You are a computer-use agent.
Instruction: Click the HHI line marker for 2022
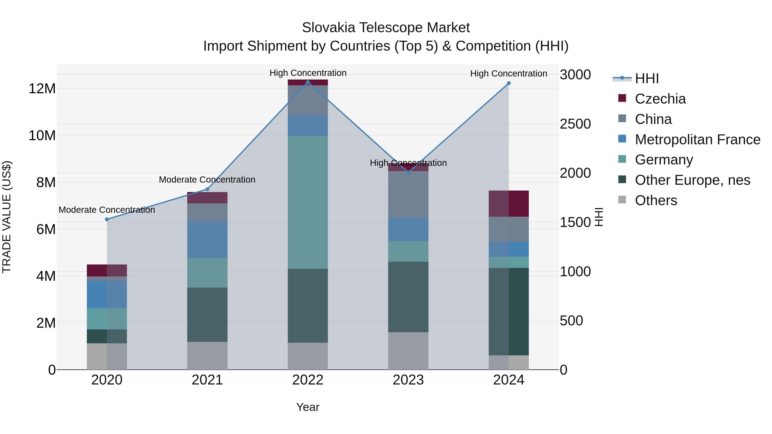click(308, 82)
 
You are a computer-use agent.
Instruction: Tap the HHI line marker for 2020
click(107, 219)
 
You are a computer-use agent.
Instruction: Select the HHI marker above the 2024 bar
click(509, 83)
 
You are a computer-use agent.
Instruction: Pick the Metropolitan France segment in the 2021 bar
click(207, 240)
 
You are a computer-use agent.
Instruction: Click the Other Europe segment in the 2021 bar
click(207, 314)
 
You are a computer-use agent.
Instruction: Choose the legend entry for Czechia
click(660, 99)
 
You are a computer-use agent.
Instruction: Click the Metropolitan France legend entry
click(697, 140)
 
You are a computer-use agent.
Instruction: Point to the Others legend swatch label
click(656, 200)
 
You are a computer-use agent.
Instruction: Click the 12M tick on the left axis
click(42, 89)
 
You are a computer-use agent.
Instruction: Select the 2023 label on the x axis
click(408, 380)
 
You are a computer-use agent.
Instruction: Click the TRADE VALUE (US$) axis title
click(7, 217)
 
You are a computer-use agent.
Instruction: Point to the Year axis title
click(308, 407)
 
